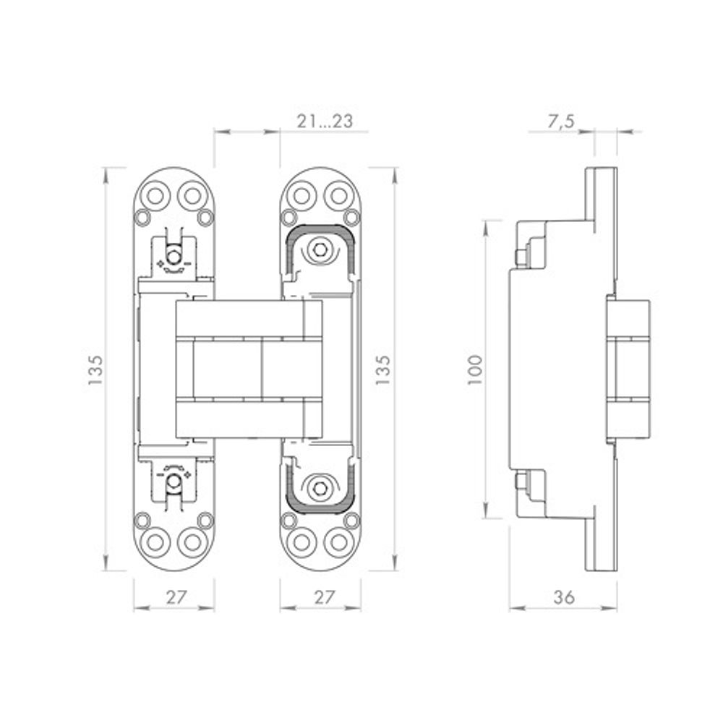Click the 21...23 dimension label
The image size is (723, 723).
(x=324, y=122)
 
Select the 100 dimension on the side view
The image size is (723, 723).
(x=475, y=369)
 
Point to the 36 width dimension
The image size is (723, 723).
(x=564, y=598)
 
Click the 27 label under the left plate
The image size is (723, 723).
(x=174, y=598)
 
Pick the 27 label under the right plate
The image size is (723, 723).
(x=320, y=598)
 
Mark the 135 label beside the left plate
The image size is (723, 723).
(x=95, y=369)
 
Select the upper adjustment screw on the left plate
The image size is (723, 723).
(x=174, y=256)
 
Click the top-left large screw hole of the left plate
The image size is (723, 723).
(x=155, y=194)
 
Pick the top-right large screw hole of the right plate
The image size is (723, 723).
(x=338, y=194)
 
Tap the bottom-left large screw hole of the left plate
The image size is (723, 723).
(x=155, y=542)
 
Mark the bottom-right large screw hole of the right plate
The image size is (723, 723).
(x=338, y=542)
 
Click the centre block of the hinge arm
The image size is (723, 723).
(x=228, y=369)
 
